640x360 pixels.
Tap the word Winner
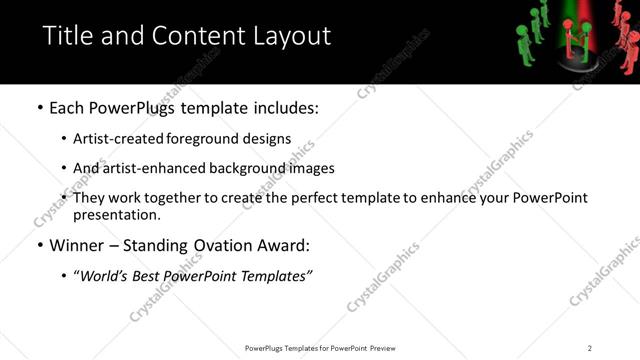click(78, 245)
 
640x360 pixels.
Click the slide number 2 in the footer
click(590, 348)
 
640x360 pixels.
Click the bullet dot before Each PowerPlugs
click(39, 108)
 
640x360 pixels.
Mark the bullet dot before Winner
click(39, 246)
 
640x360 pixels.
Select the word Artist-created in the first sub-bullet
click(112, 139)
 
